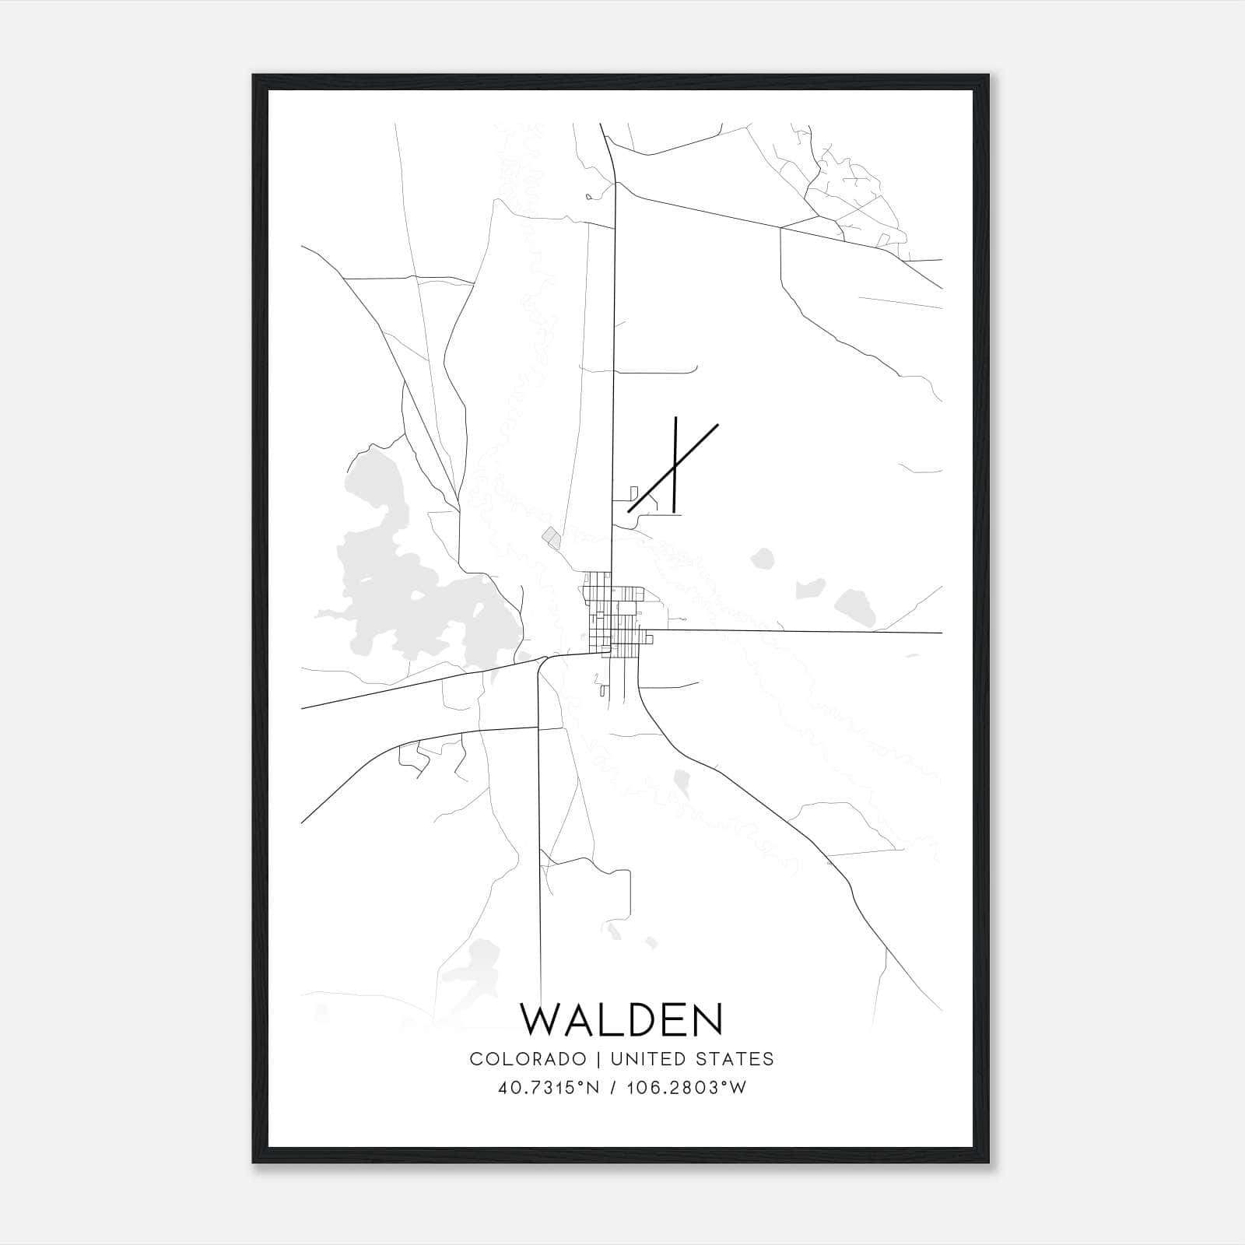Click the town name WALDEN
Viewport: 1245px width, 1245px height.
pyautogui.click(x=621, y=1020)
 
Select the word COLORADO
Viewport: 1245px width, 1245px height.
pyautogui.click(x=527, y=1059)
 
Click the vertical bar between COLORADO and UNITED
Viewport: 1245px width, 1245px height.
pyautogui.click(x=598, y=1059)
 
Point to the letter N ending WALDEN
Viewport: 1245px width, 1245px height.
pyautogui.click(x=707, y=1020)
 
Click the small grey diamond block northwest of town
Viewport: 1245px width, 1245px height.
pyautogui.click(x=552, y=536)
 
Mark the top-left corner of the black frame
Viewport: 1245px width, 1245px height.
pyautogui.click(x=254, y=75)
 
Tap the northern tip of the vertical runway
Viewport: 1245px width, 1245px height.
pyautogui.click(x=675, y=418)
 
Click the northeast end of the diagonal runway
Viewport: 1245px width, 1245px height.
pyautogui.click(x=717, y=425)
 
